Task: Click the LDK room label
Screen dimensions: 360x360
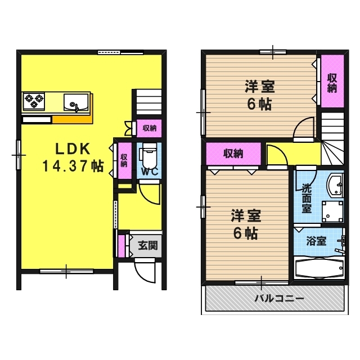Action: (73, 149)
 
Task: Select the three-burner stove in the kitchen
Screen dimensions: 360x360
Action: (33, 101)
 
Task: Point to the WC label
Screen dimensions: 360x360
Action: (149, 172)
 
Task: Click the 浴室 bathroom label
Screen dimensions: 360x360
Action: (316, 241)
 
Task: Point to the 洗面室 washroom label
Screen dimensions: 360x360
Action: (307, 198)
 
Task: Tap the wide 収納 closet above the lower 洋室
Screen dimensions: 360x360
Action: (233, 152)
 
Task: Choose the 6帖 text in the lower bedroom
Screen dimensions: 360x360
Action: (245, 234)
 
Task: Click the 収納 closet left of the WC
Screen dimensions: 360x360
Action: (123, 161)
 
